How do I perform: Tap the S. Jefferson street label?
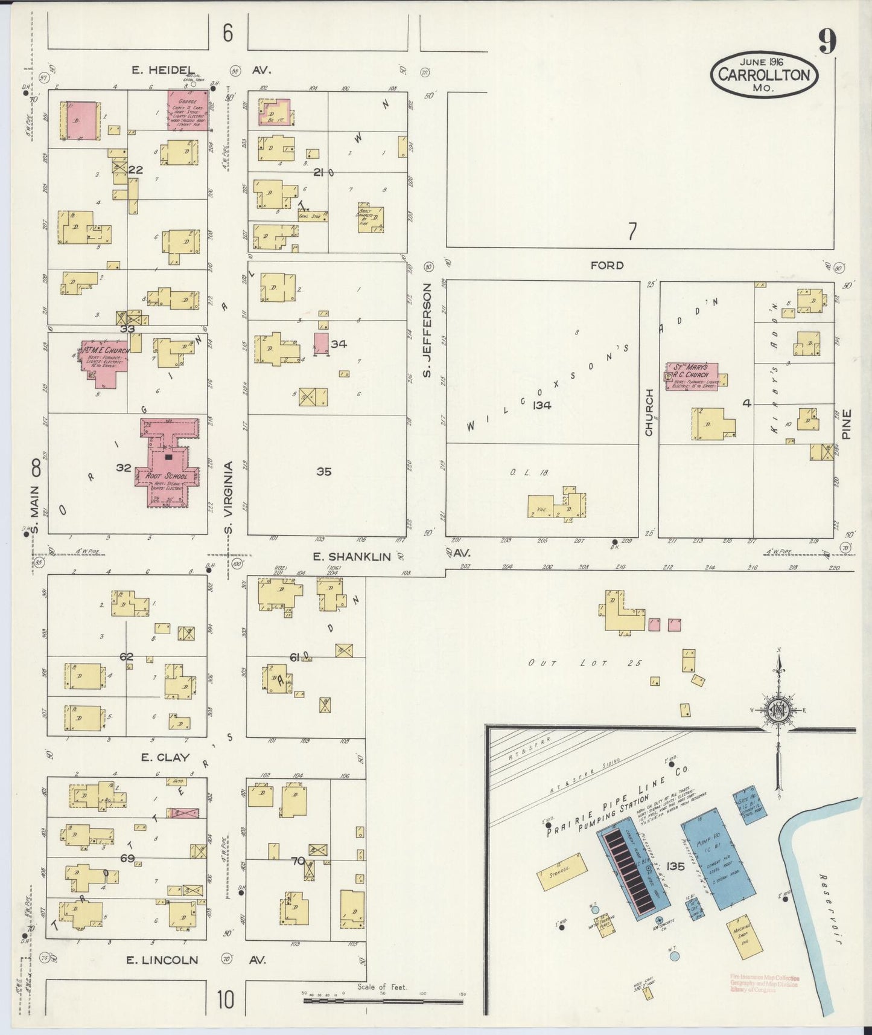427,330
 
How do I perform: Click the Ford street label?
607,265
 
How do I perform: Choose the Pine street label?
847,424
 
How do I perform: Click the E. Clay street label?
165,757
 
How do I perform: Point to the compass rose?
778,710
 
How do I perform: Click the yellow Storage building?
561,871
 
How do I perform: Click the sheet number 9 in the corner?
827,42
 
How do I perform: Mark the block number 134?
541,405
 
